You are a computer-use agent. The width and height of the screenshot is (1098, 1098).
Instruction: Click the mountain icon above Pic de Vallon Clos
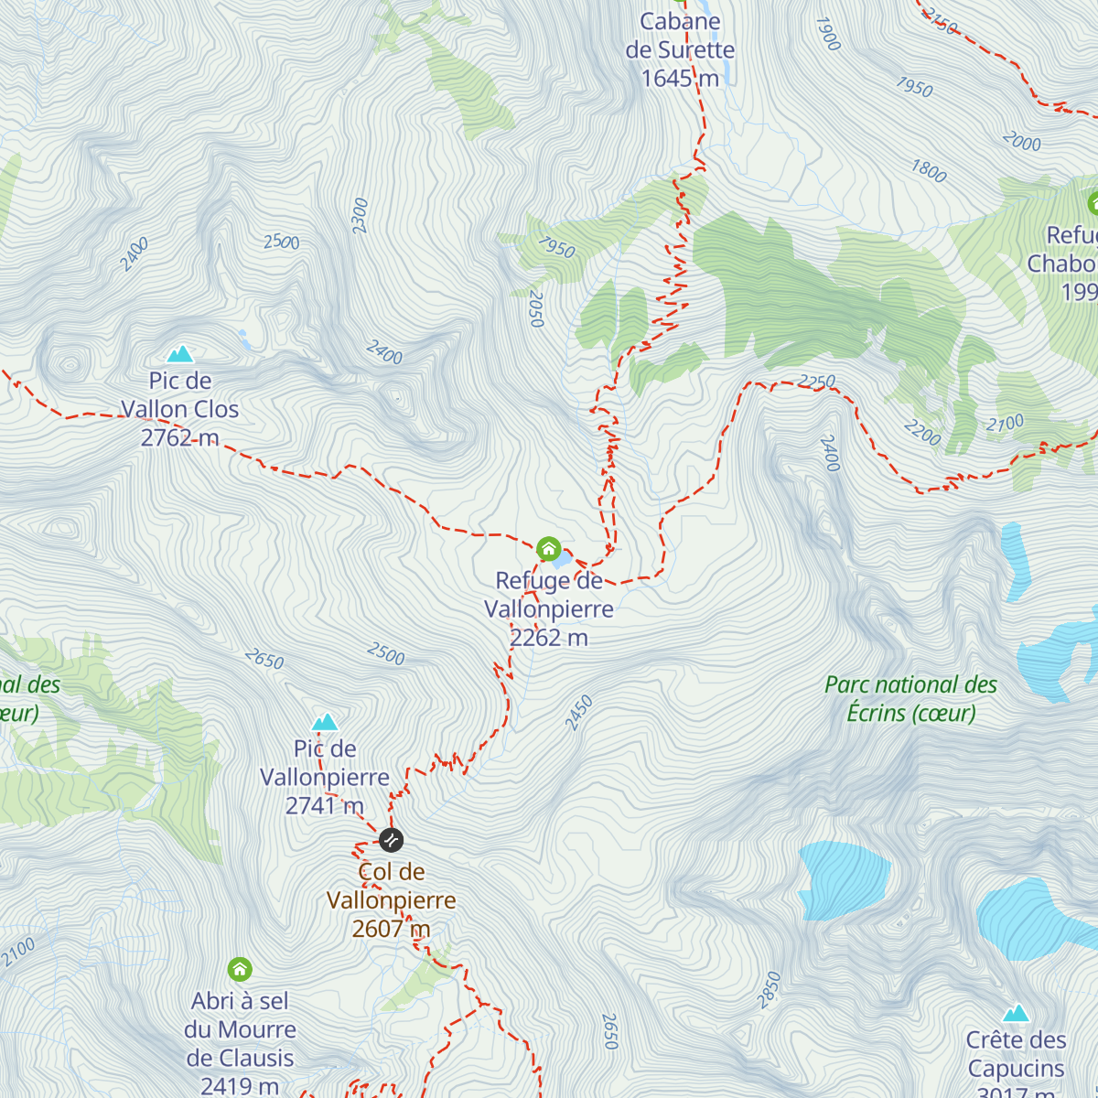180,353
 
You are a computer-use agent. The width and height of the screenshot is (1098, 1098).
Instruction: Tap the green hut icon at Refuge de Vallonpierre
548,549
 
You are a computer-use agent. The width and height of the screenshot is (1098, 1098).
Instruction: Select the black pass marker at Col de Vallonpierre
391,839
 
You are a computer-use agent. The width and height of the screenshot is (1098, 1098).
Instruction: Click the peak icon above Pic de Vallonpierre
325,722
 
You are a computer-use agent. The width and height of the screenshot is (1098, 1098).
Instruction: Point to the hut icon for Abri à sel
240,968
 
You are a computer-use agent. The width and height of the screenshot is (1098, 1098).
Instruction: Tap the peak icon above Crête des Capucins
1016,1013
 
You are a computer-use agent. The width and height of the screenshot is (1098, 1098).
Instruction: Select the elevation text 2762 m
179,438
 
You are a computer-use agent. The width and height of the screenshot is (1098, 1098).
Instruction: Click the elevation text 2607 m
391,929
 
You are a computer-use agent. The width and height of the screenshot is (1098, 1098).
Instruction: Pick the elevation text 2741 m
325,806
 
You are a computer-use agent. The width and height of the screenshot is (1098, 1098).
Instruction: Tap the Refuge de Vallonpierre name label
549,595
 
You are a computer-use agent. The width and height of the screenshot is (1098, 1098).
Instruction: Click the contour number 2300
360,215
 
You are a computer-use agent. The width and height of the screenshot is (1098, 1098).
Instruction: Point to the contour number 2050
536,309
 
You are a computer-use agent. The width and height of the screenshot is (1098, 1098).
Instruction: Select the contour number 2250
816,381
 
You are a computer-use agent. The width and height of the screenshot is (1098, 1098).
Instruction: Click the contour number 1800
928,170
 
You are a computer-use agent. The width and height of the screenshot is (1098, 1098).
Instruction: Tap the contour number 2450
579,713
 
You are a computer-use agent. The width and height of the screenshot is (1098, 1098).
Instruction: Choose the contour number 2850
770,990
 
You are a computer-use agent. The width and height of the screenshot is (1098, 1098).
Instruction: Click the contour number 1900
826,34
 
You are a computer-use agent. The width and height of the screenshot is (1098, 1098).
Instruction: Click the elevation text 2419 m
240,1086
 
